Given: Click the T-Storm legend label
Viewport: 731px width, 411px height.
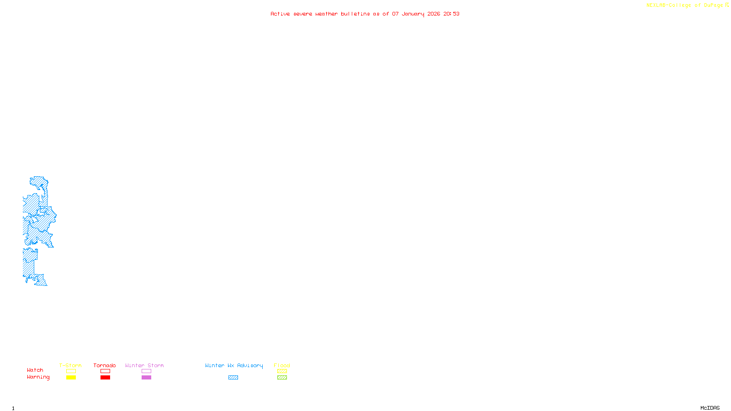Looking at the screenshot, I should click(x=70, y=365).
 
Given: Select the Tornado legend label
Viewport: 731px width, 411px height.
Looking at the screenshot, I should click(x=105, y=365).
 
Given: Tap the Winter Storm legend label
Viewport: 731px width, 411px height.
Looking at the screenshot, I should click(x=144, y=365).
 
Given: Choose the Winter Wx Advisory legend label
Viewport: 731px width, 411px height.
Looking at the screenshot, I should click(x=234, y=365).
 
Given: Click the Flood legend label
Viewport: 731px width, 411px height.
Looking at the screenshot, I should click(x=282, y=365).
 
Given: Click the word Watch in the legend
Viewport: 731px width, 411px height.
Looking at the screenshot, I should click(x=35, y=370).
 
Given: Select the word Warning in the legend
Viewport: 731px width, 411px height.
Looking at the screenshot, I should click(x=38, y=377).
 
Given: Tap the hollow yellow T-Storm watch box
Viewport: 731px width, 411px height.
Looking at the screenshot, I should click(x=71, y=371).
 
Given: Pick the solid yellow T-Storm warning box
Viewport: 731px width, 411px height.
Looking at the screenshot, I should click(x=71, y=378).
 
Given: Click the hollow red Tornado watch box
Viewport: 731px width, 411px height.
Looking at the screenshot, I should click(x=105, y=371).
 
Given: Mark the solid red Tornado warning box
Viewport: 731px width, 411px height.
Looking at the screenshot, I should click(x=105, y=378).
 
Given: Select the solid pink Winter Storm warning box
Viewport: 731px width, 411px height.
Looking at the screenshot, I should click(x=146, y=378).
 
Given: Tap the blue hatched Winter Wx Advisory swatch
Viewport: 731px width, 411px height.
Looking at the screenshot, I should click(x=233, y=378).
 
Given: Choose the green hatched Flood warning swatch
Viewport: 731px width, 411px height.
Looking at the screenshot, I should click(x=282, y=378).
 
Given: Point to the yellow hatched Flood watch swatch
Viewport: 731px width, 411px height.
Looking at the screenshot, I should click(x=282, y=371).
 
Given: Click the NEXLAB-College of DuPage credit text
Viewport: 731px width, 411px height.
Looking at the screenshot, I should click(x=685, y=5).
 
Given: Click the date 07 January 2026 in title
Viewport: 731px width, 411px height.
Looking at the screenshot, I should click(x=416, y=14).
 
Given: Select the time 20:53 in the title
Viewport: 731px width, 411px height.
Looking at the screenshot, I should click(x=451, y=14).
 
